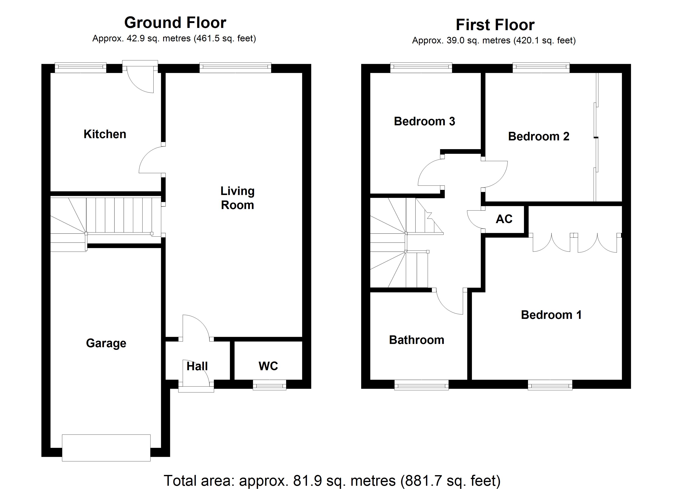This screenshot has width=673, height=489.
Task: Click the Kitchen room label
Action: coord(105,134)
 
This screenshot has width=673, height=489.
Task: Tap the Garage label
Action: coord(106,343)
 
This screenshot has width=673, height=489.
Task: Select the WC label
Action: coord(268,366)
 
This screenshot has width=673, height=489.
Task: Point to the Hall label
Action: coord(197,366)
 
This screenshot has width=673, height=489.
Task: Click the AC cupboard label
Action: coord(504,219)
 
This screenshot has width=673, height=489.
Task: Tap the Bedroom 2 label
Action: coord(539,136)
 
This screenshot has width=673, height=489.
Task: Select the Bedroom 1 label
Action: coord(551,315)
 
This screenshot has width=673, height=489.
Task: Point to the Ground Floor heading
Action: coord(175,23)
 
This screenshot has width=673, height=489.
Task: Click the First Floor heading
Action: coord(495,25)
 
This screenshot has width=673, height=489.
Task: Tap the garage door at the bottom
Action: coord(106,448)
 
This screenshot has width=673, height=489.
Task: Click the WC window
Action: coord(269,385)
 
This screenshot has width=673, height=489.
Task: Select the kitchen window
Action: coord(80,68)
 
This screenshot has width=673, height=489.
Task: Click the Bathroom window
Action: coord(421,385)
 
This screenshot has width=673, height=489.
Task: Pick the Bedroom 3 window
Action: coord(421,68)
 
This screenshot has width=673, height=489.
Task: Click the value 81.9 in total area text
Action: coord(307,481)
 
